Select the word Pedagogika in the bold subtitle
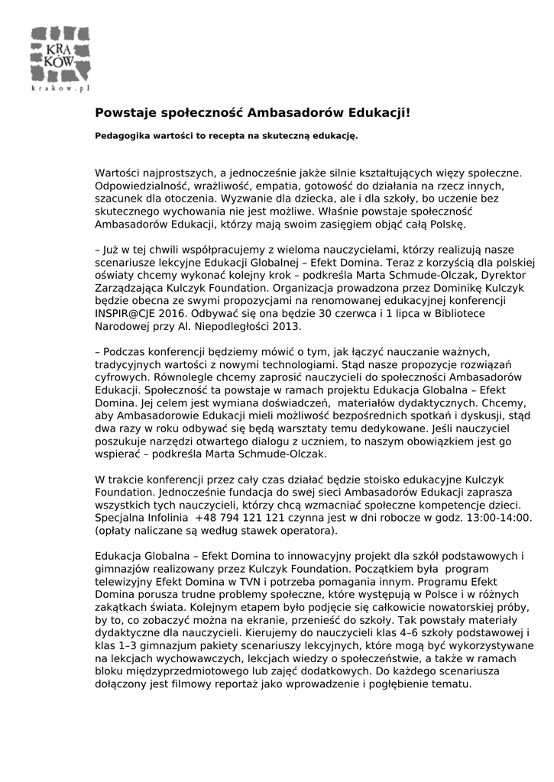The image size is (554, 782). pos(121,137)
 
